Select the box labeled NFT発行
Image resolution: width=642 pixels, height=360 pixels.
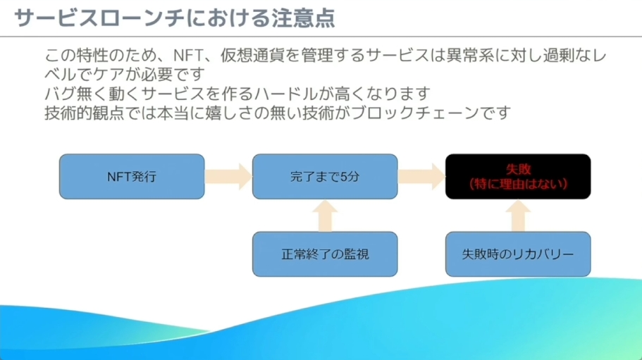pos(132,176)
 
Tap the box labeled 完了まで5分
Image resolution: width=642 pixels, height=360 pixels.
pos(324,176)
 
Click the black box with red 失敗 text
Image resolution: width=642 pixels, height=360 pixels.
pos(518,176)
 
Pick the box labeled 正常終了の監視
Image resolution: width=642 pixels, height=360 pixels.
pos(324,254)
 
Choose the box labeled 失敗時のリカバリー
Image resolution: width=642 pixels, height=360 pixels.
pos(518,254)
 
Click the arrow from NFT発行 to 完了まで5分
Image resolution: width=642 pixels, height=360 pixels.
pos(228,176)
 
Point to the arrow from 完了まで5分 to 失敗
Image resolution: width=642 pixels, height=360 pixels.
pos(421,176)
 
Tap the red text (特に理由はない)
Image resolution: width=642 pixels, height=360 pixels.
pos(518,183)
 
